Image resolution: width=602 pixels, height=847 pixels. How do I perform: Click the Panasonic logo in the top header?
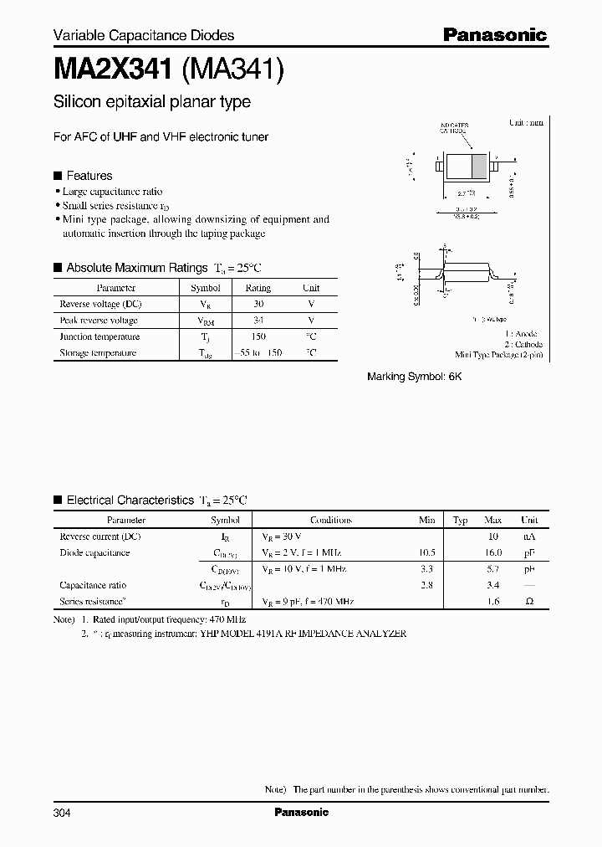coord(494,35)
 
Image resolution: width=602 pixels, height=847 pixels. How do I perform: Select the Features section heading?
coord(89,176)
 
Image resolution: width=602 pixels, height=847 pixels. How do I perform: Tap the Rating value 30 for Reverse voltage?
coord(258,304)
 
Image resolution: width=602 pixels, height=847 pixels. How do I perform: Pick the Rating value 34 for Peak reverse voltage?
coord(258,321)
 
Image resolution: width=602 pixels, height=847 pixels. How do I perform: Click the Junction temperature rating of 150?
coord(258,336)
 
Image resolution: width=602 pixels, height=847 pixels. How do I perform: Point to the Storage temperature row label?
coord(99,353)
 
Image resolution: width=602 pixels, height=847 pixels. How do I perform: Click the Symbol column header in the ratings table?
coord(206,288)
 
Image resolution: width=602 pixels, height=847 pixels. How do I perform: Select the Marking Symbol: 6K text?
coord(414,377)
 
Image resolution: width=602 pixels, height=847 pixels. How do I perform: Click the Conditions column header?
coord(330,520)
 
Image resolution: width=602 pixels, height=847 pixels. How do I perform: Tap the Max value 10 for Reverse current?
coord(493,536)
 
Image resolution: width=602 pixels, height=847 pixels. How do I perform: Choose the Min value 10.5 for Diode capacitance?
coord(426,552)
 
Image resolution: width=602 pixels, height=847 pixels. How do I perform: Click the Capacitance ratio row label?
coord(93,585)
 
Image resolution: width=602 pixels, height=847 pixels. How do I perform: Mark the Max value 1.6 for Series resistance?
coord(493,602)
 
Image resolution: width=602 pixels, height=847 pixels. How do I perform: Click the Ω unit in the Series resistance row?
coord(528,602)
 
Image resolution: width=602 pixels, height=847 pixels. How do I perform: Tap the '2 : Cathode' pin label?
coord(523,344)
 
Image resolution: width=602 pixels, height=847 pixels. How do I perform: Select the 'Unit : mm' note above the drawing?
coord(526,122)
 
